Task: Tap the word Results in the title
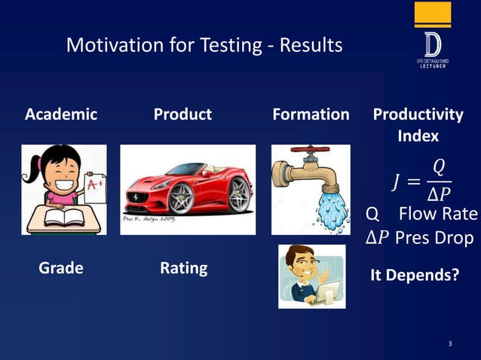[311, 46]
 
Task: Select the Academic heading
[61, 114]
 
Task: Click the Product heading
[182, 114]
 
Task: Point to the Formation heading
[311, 114]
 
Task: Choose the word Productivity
[418, 114]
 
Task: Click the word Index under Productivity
[418, 136]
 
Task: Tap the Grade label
[61, 268]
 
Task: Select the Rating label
[183, 268]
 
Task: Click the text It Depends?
[414, 275]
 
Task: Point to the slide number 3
[450, 344]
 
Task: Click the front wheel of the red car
[181, 197]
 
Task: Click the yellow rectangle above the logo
[433, 14]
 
